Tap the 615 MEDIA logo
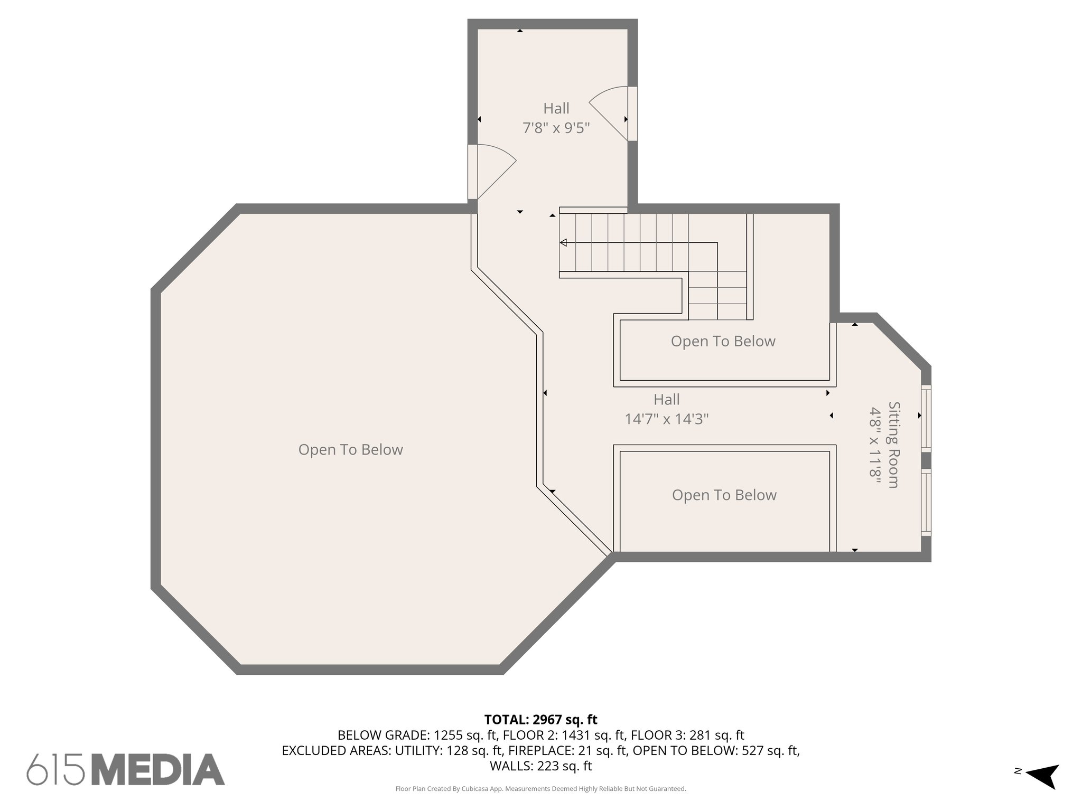pyautogui.click(x=126, y=769)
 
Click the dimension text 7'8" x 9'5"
pyautogui.click(x=556, y=128)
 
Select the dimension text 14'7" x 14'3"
pyautogui.click(x=666, y=419)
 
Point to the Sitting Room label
pyautogui.click(x=893, y=445)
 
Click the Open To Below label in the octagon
pyautogui.click(x=350, y=450)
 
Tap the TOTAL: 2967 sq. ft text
pyautogui.click(x=540, y=719)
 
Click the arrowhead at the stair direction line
pyautogui.click(x=564, y=243)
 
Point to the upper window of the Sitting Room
pyautogui.click(x=926, y=418)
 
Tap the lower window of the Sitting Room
pyautogui.click(x=926, y=502)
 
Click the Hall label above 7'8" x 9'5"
pyautogui.click(x=556, y=108)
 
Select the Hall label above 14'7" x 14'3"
pyautogui.click(x=666, y=400)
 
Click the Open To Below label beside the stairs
pyautogui.click(x=723, y=342)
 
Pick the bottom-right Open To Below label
pyautogui.click(x=724, y=495)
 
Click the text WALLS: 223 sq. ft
pyautogui.click(x=540, y=766)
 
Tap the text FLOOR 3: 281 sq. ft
pyautogui.click(x=687, y=735)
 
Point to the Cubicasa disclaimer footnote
pyautogui.click(x=540, y=789)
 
